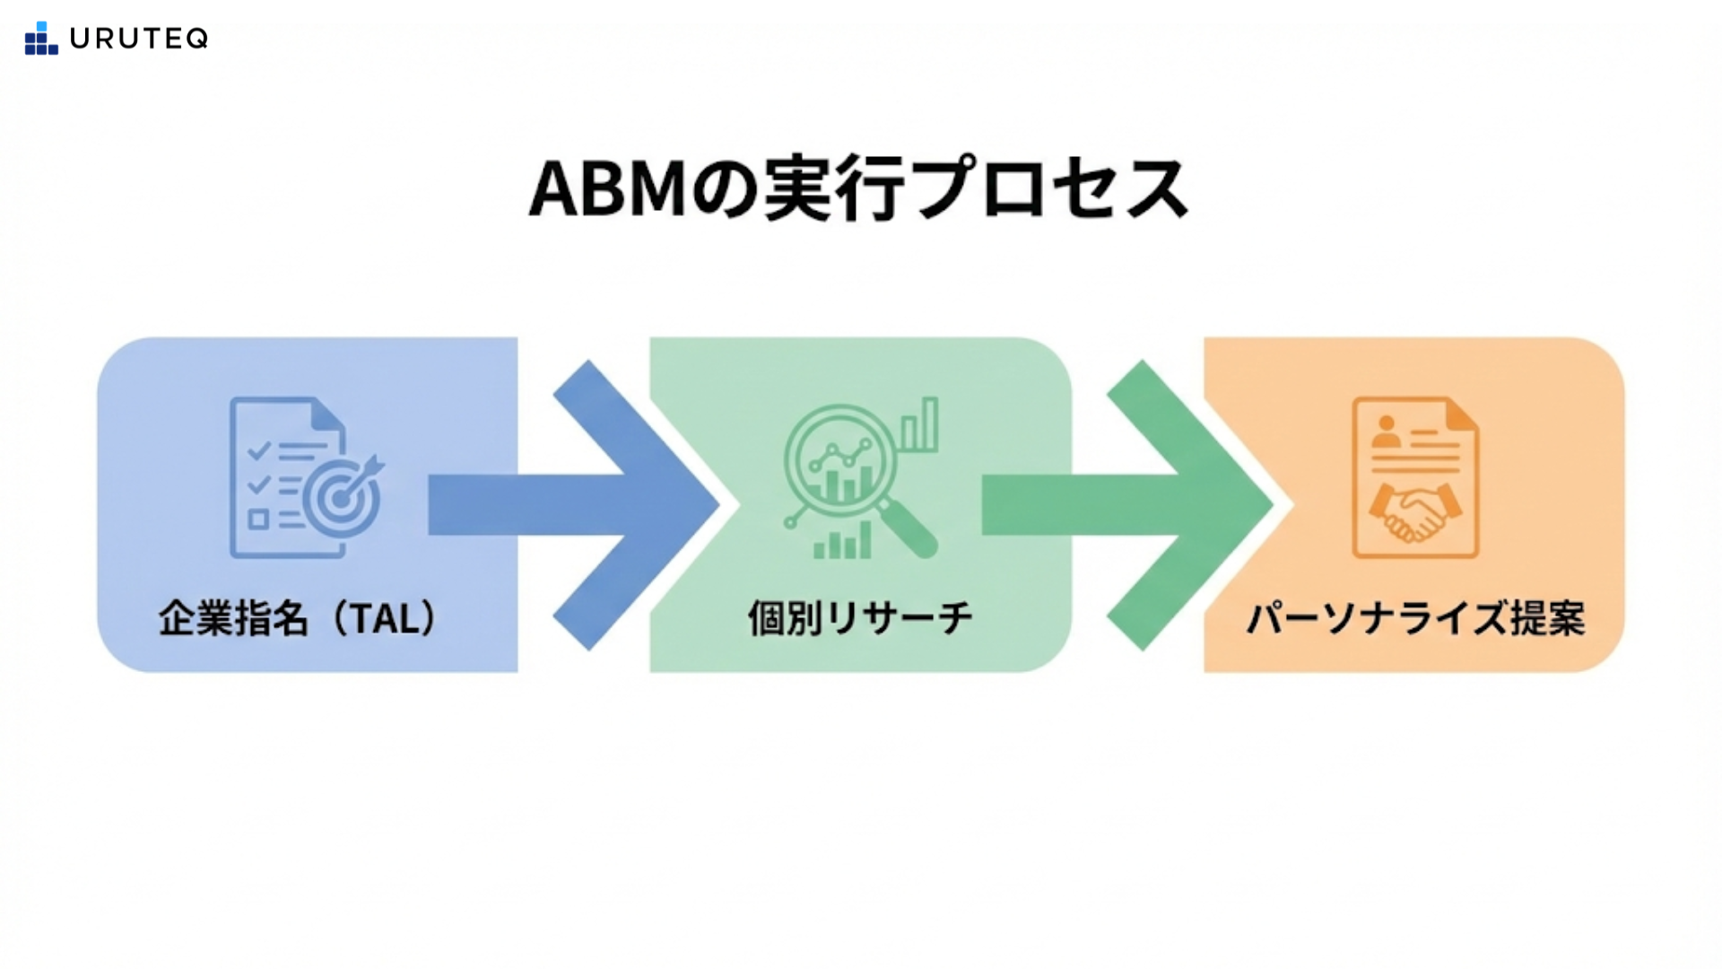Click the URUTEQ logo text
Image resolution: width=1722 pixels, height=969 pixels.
pyautogui.click(x=139, y=39)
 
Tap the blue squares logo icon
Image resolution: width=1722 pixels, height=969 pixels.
pyautogui.click(x=41, y=39)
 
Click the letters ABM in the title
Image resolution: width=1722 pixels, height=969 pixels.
pyautogui.click(x=607, y=189)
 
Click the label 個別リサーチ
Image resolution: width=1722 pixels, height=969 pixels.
pyautogui.click(x=860, y=618)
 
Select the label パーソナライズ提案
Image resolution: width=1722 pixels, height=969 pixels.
pyautogui.click(x=1416, y=618)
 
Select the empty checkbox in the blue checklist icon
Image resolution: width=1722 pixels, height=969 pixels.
pyautogui.click(x=258, y=519)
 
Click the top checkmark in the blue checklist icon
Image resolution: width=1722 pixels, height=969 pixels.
pyautogui.click(x=258, y=450)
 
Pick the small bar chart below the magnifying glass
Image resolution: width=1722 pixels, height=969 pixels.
pyautogui.click(x=842, y=542)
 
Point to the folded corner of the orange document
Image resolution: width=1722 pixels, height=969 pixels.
pyautogui.click(x=1461, y=415)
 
